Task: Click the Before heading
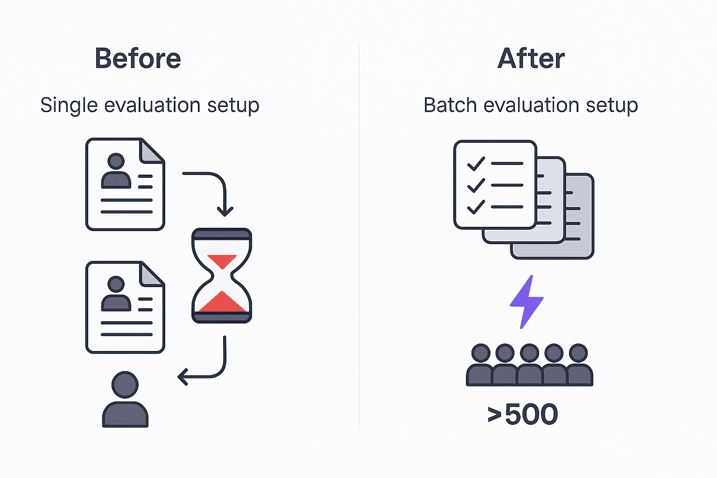point(138,59)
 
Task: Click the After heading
point(531,59)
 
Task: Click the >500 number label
point(523,414)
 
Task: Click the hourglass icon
point(222,275)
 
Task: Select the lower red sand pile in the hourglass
point(222,302)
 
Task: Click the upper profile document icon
point(125,184)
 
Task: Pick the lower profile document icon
point(125,307)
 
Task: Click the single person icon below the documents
point(125,399)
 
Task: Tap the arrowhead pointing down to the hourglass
point(225,211)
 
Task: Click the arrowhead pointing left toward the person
point(183,376)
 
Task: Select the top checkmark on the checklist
point(476,164)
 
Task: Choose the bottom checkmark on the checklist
point(476,207)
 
